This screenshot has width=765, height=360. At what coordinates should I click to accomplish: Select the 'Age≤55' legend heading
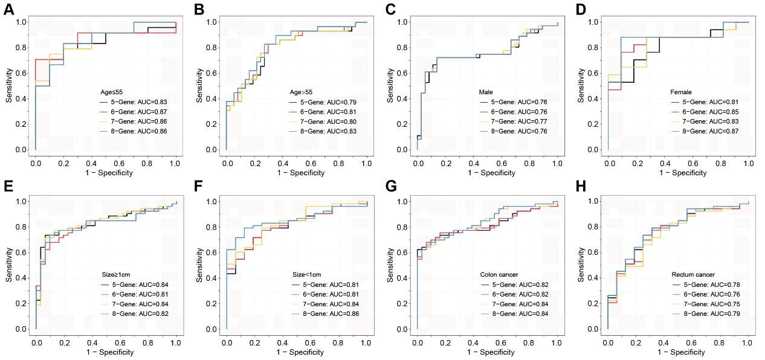click(x=112, y=92)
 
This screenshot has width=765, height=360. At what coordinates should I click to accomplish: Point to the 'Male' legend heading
click(x=485, y=92)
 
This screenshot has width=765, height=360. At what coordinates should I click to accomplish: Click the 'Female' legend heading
click(x=681, y=92)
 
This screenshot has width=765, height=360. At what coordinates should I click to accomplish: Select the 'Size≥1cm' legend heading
click(x=115, y=274)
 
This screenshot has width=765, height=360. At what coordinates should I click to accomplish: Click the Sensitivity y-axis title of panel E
click(x=9, y=265)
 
